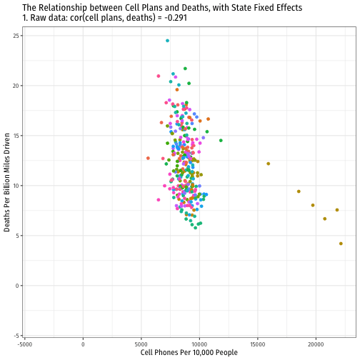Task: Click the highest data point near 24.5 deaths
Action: click(x=167, y=41)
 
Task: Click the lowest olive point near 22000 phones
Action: click(x=341, y=244)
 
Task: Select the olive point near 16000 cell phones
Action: click(x=269, y=164)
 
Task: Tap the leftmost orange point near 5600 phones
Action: click(x=148, y=158)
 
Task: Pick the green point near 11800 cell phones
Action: click(x=221, y=141)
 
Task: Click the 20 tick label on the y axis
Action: click(x=16, y=86)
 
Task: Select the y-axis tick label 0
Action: click(x=17, y=286)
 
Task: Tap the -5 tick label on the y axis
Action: click(x=16, y=336)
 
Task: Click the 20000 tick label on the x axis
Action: click(x=316, y=344)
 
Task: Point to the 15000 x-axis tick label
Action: click(x=258, y=344)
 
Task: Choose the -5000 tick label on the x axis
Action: click(x=24, y=344)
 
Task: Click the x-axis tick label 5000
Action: click(x=141, y=344)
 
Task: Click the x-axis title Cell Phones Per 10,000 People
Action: click(x=189, y=353)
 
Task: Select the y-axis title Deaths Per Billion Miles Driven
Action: click(x=7, y=182)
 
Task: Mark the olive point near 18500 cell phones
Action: click(x=299, y=191)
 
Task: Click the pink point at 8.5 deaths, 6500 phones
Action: click(x=159, y=200)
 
